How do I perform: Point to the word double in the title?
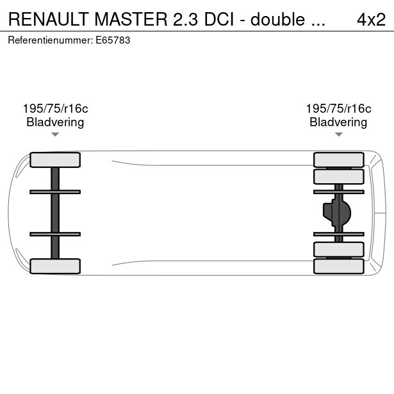coord(277,19)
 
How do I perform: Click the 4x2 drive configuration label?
coord(371,19)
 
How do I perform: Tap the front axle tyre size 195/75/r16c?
coord(55,109)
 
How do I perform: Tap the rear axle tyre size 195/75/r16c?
coord(338,109)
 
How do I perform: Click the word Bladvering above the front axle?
coord(55,122)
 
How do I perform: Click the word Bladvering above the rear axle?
coord(338,122)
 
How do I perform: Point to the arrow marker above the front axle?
coord(55,135)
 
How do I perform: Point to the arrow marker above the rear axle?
coord(338,135)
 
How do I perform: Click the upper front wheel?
coord(55,160)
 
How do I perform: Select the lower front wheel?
coord(55,266)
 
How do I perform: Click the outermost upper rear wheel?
coord(338,160)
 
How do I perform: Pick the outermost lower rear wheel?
coord(338,266)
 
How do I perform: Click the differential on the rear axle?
coord(338,213)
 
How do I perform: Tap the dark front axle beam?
coord(55,213)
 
